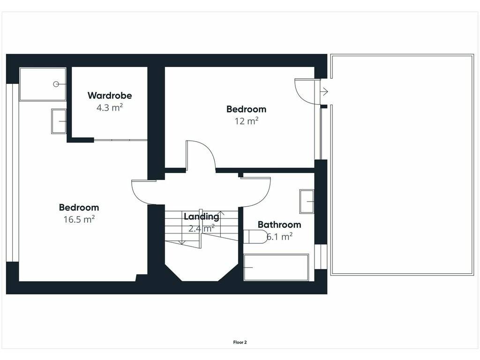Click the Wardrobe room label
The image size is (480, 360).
pos(110,96)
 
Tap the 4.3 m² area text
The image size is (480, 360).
pos(110,108)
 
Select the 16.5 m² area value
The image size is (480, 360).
pos(79,219)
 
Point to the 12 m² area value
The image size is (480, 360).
pos(247,121)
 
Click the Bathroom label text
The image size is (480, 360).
pos(279,225)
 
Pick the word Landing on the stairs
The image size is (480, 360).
pos(202,217)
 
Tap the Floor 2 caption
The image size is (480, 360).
pos(240,343)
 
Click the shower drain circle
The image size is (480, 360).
pos(56,84)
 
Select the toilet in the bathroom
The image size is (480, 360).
pos(255,237)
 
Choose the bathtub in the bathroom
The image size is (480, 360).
pos(276,267)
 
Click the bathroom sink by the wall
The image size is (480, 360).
pos(307,202)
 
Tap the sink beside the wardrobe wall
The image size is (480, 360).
pos(59,121)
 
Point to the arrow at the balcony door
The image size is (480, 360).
pos(324,91)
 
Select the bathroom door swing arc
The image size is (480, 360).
pos(265,197)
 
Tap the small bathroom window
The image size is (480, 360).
pos(321,256)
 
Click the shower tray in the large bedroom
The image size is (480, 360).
pos(43,84)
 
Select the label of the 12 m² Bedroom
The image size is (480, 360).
pos(247,109)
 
